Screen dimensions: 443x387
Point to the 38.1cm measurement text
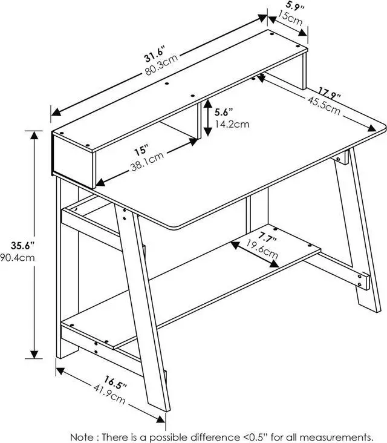tap(146, 162)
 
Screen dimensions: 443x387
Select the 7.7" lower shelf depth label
tap(267, 237)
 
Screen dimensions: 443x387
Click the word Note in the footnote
tap(82, 436)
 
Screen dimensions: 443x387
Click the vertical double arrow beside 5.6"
tap(207, 118)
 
